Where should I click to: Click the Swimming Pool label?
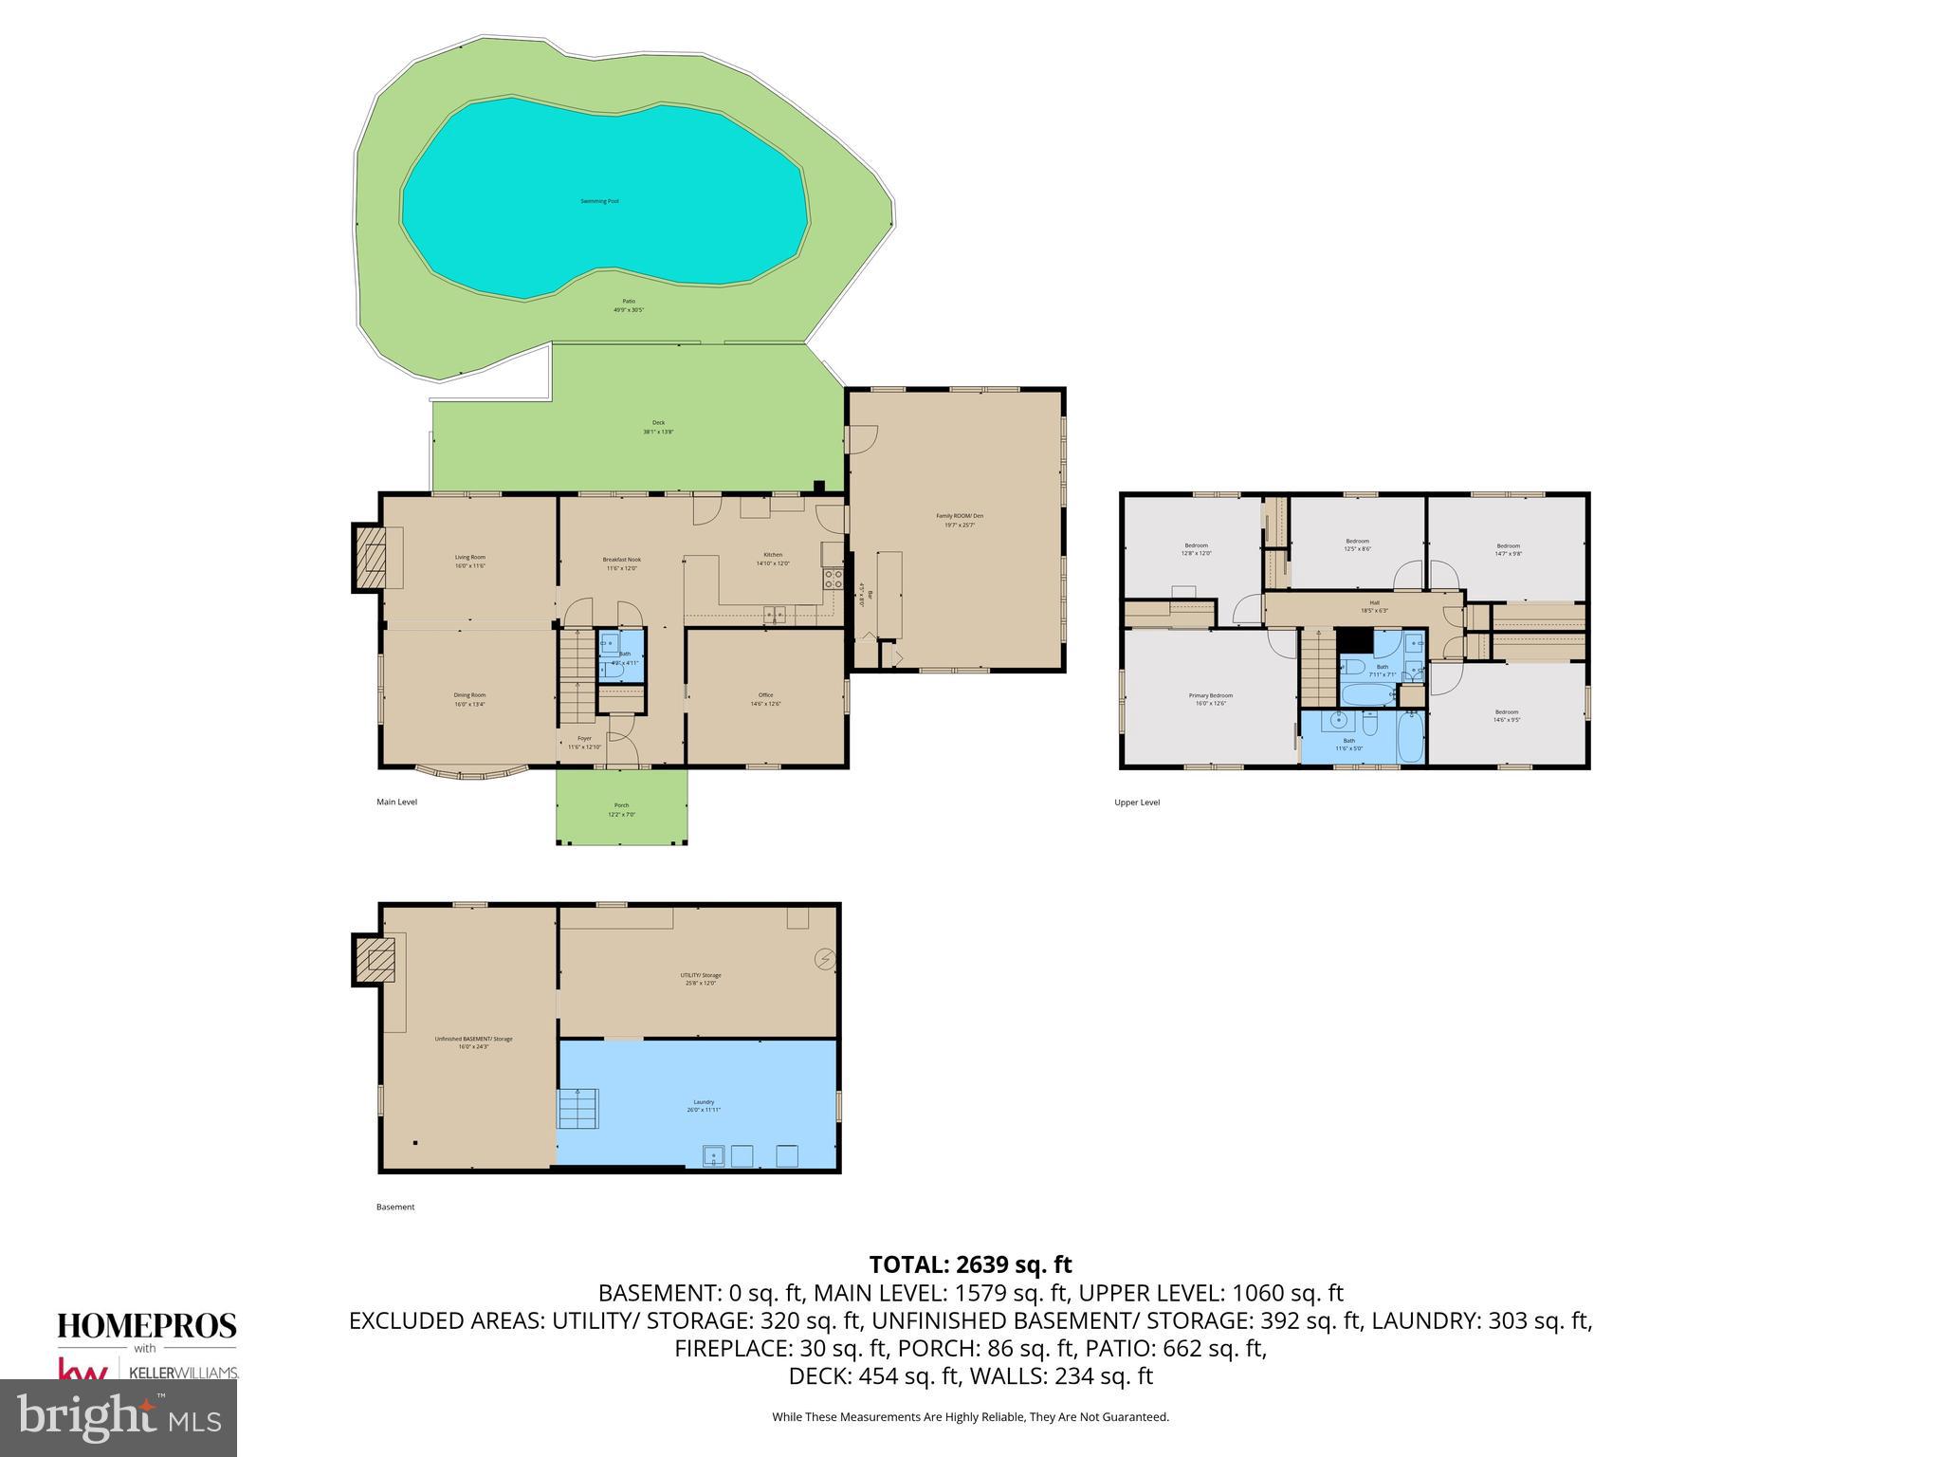[x=599, y=201]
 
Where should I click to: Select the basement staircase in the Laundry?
[x=578, y=1108]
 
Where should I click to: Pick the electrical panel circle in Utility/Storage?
[x=823, y=960]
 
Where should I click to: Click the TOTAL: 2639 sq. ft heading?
[x=970, y=1264]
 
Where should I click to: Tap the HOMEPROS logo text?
[x=147, y=1325]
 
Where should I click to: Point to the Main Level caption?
[x=396, y=802]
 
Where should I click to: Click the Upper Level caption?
[x=1137, y=802]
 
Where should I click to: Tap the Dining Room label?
[x=469, y=699]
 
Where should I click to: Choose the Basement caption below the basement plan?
[x=395, y=1208]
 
